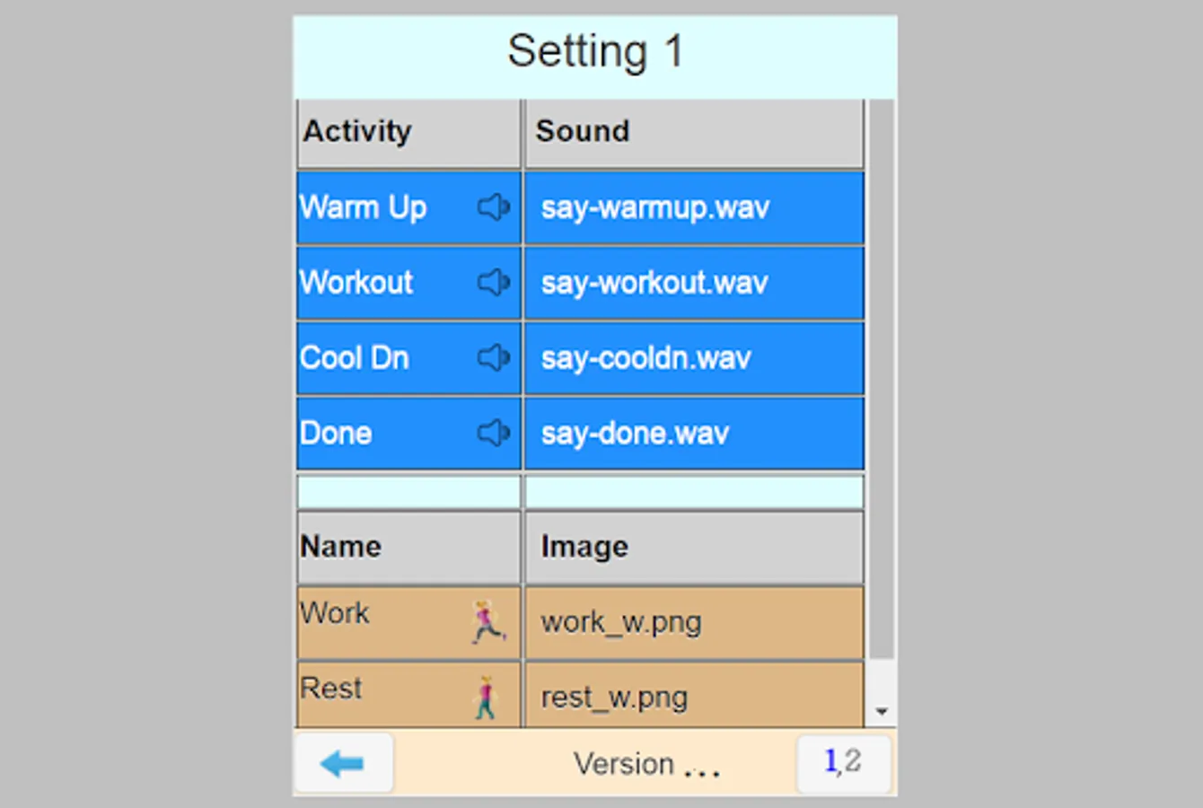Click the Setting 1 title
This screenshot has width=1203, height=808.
595,52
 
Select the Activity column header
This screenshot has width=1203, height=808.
408,132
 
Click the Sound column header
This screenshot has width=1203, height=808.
694,132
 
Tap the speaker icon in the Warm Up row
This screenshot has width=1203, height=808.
493,207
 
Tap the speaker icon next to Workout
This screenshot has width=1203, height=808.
493,283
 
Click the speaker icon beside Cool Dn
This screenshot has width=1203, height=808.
493,358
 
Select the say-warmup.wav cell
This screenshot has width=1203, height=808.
694,208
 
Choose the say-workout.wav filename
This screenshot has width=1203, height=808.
694,284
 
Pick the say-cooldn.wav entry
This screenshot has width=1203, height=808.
694,359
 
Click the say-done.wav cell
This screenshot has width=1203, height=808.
694,435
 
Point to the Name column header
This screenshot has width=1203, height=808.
408,547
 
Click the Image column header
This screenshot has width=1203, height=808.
694,547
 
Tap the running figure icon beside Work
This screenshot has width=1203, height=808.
487,621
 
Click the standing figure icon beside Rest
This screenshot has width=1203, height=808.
486,697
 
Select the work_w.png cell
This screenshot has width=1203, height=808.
694,622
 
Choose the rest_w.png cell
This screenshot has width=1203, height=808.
694,697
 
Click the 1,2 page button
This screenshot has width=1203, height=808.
842,762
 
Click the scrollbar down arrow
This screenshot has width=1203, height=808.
882,712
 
